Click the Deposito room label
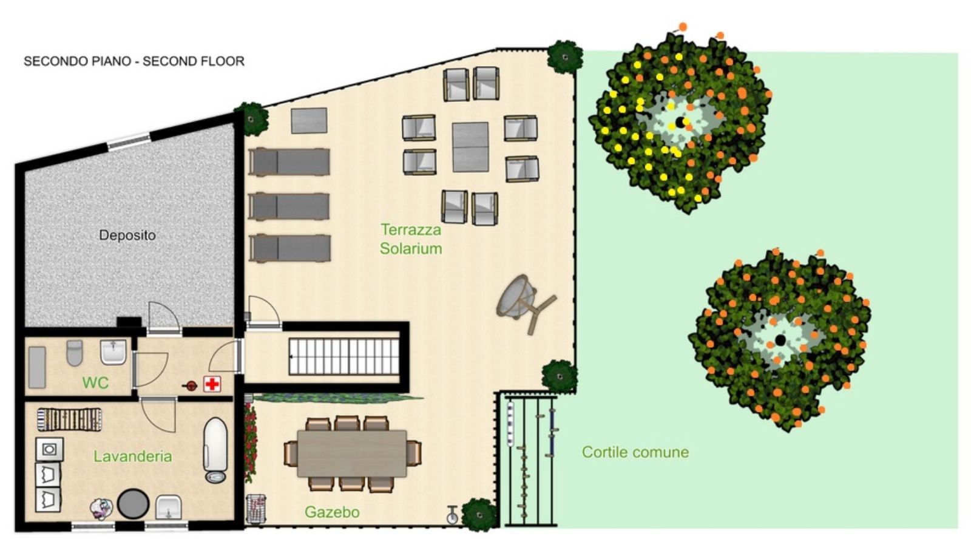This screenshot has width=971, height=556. coord(127,236)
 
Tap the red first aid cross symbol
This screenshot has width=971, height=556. coord(212,384)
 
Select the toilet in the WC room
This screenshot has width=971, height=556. coord(75,353)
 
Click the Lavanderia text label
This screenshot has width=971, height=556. coord(133,456)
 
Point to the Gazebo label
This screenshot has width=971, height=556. coord(332,512)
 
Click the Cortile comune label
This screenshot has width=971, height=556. coord(635,452)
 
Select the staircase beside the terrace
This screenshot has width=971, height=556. coord(344,356)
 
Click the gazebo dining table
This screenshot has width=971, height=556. coord(352,453)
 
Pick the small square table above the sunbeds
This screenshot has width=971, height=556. coord(309,121)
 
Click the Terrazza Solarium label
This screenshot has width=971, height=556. coord(410,239)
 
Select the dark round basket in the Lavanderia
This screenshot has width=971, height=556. coord(133,504)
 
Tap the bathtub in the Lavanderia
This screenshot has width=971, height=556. coord(215,450)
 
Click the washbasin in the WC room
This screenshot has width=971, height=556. coord(113,351)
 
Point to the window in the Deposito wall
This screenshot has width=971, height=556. coord(129,142)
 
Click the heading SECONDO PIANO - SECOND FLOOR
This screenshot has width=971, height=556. coord(134,61)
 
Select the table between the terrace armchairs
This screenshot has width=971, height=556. coord(470,147)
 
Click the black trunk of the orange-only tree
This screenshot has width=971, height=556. coord(780,339)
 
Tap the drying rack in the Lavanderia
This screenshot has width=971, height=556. coord(69,420)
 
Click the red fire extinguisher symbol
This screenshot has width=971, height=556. coord(190,385)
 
